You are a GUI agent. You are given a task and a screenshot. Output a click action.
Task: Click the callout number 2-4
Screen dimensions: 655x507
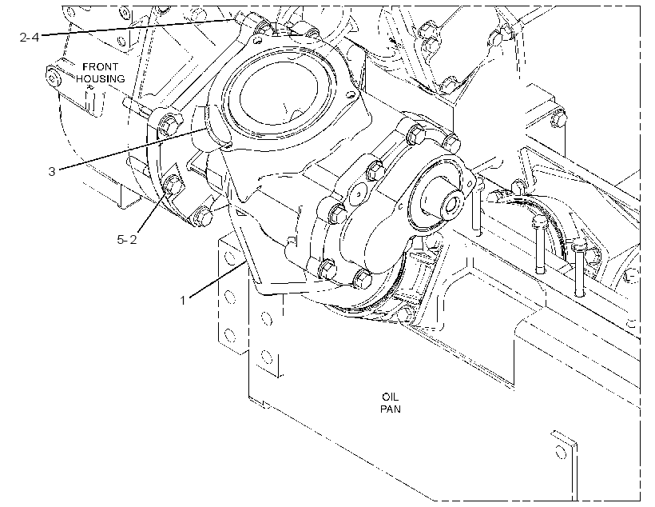[x=30, y=38]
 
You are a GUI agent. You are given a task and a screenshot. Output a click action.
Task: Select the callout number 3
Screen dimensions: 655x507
[x=52, y=171]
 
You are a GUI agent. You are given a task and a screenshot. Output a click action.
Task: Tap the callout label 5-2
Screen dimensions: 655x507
[x=127, y=240]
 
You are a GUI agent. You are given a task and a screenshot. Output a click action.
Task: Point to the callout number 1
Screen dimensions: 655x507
[x=183, y=301]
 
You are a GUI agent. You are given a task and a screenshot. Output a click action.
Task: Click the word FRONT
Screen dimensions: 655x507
[x=101, y=67]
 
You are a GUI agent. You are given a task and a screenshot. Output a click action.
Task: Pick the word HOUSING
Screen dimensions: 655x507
[x=101, y=78]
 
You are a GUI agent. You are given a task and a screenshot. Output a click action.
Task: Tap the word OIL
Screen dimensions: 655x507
[x=390, y=396]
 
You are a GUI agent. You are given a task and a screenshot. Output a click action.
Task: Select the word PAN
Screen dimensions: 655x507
[x=390, y=409]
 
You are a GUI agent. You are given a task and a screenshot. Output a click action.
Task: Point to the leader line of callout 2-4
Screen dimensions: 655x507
[x=137, y=27]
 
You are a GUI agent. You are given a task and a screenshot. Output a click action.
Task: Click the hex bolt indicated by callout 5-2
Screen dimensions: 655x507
[x=173, y=186]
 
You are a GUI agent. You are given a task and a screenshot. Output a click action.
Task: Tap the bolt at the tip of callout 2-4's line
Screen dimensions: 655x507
[x=240, y=18]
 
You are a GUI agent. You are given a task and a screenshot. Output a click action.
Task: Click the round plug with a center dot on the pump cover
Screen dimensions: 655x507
[x=359, y=194]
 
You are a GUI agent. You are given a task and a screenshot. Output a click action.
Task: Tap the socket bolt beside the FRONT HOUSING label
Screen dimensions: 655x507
[x=53, y=78]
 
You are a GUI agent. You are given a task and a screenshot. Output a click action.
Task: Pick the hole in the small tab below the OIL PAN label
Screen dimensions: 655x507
[x=561, y=452]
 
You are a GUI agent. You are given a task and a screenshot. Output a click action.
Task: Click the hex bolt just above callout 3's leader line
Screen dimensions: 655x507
[x=169, y=124]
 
